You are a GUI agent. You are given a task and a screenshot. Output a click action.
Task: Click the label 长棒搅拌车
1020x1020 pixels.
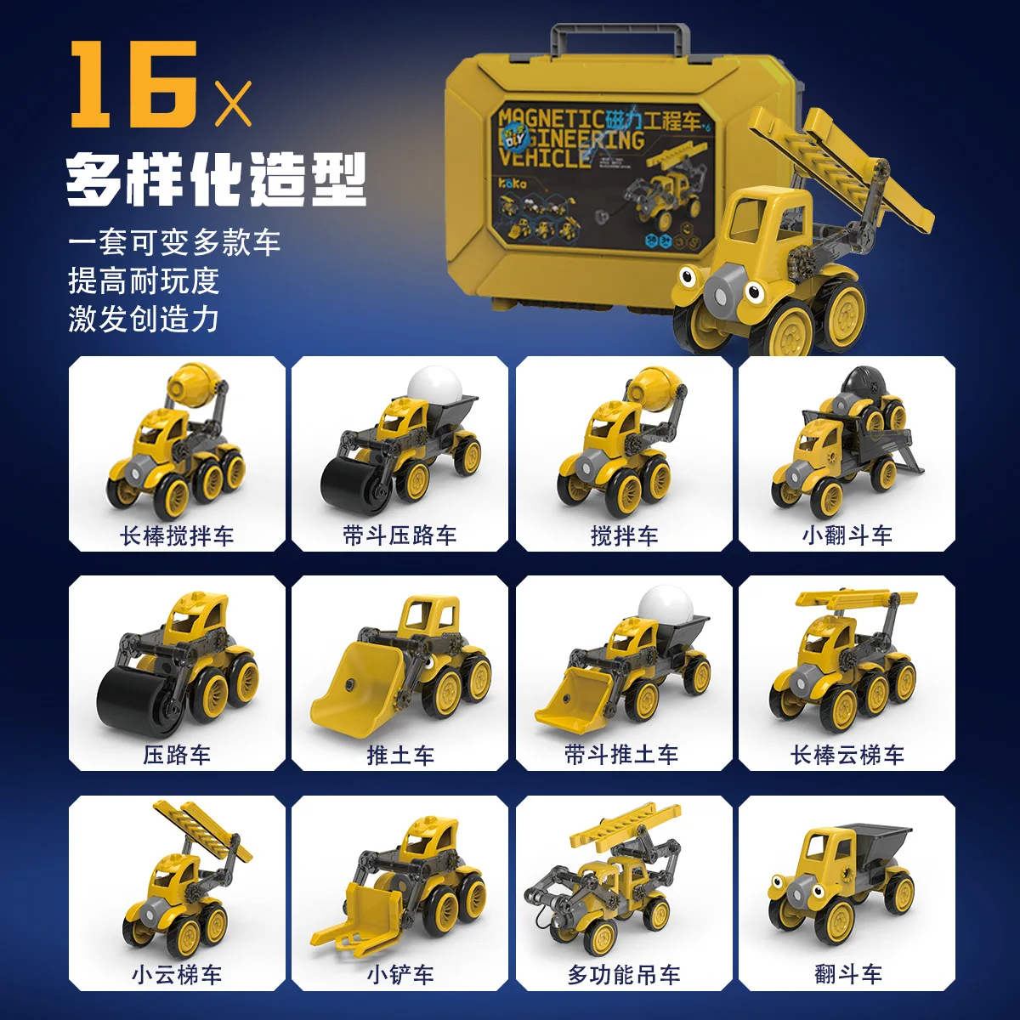point(177,535)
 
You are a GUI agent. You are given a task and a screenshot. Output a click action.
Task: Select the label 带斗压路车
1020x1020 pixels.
point(399,535)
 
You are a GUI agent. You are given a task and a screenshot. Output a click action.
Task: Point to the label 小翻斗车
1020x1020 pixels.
point(847,535)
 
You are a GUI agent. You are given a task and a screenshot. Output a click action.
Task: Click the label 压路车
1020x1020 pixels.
point(177,755)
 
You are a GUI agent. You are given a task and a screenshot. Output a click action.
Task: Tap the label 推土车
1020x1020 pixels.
point(399,755)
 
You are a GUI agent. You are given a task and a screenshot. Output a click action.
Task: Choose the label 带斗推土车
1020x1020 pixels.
point(622,755)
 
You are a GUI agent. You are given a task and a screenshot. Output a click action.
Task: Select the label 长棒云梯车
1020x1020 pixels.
point(847,755)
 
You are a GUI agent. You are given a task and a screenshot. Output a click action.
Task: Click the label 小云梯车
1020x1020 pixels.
point(177,974)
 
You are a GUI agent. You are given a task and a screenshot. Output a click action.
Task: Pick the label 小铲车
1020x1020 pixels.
point(399,974)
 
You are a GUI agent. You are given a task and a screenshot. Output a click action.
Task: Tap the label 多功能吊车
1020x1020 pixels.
point(624,974)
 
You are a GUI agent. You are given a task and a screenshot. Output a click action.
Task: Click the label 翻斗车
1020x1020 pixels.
point(847,974)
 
